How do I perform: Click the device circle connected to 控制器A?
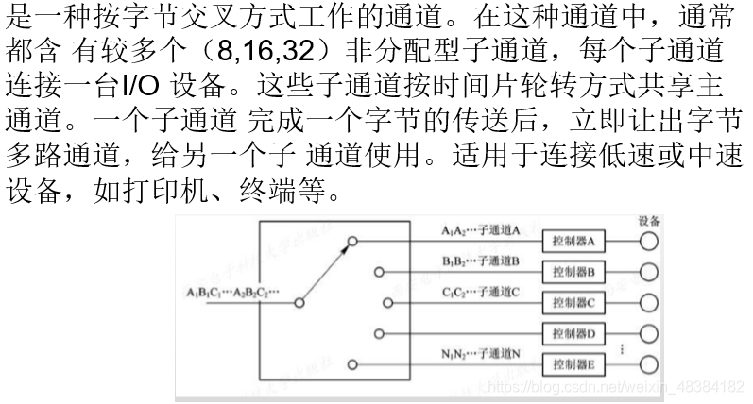pyautogui.click(x=648, y=241)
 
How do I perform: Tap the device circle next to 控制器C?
pyautogui.click(x=648, y=302)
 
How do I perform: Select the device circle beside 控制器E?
pyautogui.click(x=648, y=364)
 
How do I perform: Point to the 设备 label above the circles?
pyautogui.click(x=649, y=221)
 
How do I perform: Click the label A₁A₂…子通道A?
pyautogui.click(x=481, y=229)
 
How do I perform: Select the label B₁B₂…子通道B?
pyautogui.click(x=481, y=261)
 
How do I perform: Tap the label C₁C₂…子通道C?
pyautogui.click(x=481, y=292)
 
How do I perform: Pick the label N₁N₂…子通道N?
pyautogui.click(x=481, y=353)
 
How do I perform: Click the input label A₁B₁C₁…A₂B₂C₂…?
pyautogui.click(x=233, y=292)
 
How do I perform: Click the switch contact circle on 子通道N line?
pyautogui.click(x=351, y=364)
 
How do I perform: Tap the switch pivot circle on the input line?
pyautogui.click(x=299, y=303)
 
